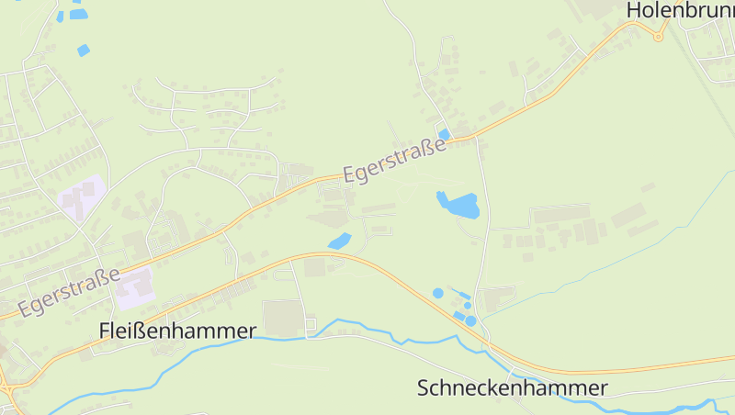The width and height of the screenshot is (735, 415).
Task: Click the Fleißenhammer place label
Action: click(x=177, y=331)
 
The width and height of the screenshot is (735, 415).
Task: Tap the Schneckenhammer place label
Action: click(x=512, y=388)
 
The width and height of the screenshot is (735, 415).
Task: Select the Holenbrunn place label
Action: click(x=679, y=10)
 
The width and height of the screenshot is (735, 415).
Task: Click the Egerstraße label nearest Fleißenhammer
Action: click(x=70, y=292)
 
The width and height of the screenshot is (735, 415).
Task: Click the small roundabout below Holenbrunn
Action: click(x=658, y=36)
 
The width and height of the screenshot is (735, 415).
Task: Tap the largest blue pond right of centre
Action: click(x=458, y=205)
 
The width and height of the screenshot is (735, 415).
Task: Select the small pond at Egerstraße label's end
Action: click(x=445, y=134)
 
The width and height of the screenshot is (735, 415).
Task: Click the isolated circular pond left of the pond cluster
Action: click(x=437, y=293)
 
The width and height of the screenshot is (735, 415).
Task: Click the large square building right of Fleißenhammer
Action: click(x=283, y=318)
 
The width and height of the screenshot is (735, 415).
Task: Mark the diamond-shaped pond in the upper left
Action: click(x=84, y=50)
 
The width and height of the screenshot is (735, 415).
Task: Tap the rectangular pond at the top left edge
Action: click(x=78, y=14)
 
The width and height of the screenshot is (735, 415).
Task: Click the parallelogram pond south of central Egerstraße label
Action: click(x=339, y=241)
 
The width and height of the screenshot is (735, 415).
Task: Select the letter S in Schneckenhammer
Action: click(x=424, y=388)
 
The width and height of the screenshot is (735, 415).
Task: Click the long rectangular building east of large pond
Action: click(x=560, y=215)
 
